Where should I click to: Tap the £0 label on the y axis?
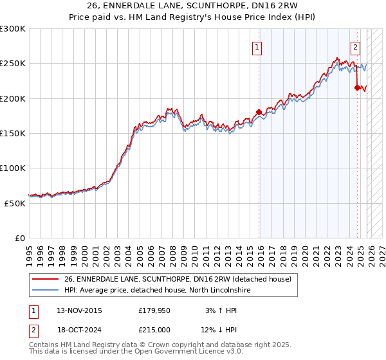[20, 238]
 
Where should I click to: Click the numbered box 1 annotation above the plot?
[257, 46]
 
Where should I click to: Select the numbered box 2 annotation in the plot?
[355, 46]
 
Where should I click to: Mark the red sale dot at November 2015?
[259, 112]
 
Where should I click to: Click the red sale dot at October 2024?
[357, 88]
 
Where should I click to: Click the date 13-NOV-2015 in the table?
[79, 310]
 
